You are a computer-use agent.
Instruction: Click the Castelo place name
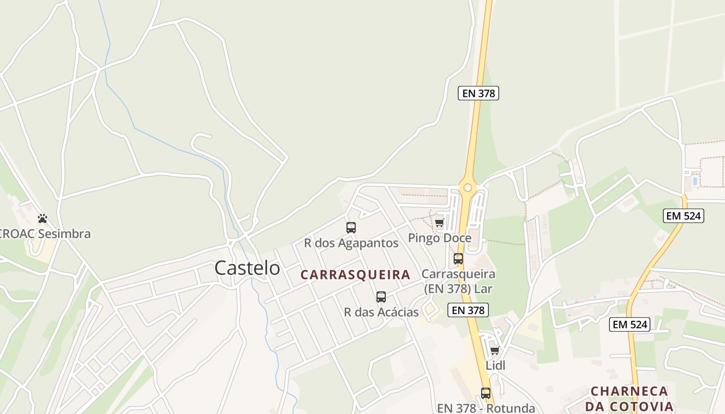(x=247, y=268)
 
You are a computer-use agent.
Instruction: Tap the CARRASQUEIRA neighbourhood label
(x=355, y=275)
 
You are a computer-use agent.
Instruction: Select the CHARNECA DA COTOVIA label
(x=630, y=398)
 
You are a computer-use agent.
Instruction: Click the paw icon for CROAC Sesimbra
(x=42, y=219)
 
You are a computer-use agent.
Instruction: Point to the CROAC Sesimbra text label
(x=46, y=234)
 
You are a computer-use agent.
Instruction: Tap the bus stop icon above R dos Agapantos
(x=351, y=228)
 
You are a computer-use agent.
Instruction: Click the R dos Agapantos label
(x=351, y=243)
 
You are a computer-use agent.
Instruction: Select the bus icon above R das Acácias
(x=381, y=297)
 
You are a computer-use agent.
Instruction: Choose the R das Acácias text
(x=381, y=312)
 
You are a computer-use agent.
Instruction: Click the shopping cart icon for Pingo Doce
(x=439, y=223)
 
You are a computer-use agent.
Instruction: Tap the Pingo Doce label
(x=440, y=238)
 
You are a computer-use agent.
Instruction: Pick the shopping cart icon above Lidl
(x=495, y=351)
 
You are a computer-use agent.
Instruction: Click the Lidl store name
(x=495, y=365)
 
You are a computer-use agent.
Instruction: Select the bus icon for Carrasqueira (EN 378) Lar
(x=458, y=259)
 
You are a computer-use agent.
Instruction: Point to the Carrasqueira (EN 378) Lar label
(x=458, y=281)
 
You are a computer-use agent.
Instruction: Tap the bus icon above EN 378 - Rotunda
(x=485, y=393)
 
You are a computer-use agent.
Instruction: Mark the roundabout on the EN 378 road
(x=468, y=187)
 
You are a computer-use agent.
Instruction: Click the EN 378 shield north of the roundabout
(x=478, y=94)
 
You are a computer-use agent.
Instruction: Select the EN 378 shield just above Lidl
(x=468, y=310)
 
